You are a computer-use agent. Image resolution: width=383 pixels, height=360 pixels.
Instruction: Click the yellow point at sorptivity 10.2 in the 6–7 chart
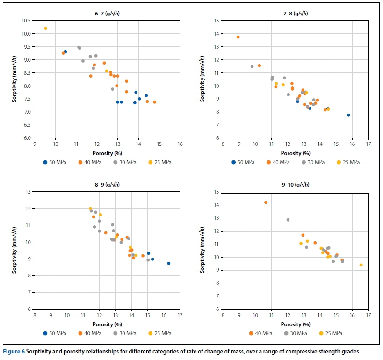click(45, 29)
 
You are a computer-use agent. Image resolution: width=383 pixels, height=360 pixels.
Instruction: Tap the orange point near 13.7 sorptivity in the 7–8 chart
click(238, 37)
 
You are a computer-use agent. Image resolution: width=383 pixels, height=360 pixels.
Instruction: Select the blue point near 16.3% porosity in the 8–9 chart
click(169, 263)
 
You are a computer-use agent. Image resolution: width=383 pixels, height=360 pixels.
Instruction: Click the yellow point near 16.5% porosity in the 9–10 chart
click(361, 265)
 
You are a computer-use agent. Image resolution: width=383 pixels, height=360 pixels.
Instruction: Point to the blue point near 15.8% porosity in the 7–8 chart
click(348, 115)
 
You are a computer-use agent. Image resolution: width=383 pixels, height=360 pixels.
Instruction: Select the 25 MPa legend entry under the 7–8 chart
click(348, 162)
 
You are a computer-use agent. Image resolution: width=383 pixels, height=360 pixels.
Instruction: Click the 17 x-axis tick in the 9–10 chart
click(369, 316)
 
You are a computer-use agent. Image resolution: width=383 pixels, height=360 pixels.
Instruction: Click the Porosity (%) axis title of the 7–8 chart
click(296, 153)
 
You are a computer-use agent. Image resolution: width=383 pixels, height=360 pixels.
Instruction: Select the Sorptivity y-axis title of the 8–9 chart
click(14, 250)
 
